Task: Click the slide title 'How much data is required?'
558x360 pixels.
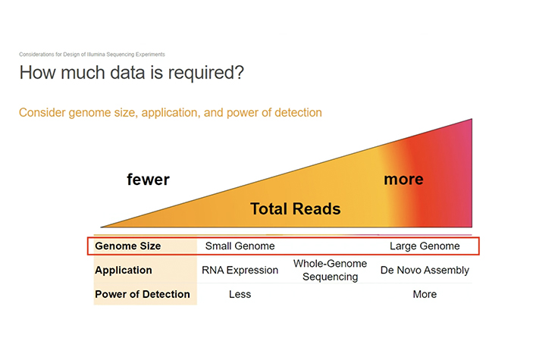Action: click(131, 73)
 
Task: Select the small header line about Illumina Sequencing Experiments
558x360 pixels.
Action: click(92, 55)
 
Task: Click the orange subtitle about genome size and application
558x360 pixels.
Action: click(171, 112)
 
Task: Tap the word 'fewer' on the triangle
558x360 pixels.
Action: click(148, 180)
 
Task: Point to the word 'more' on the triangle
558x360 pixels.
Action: click(403, 180)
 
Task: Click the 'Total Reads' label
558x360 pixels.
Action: click(296, 209)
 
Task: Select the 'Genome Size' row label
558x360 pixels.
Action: click(127, 246)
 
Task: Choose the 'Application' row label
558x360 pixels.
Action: click(124, 270)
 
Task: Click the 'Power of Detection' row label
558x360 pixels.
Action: click(143, 294)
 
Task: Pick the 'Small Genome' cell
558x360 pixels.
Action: click(240, 246)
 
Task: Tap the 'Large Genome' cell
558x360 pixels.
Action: click(425, 246)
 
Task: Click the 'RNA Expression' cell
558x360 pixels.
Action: click(240, 270)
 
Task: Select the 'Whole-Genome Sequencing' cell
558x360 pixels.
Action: click(330, 270)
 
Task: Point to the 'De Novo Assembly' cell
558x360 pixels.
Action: click(425, 270)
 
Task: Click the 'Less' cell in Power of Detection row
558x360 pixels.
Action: click(240, 294)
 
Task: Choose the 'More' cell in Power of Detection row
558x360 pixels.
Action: click(425, 294)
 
